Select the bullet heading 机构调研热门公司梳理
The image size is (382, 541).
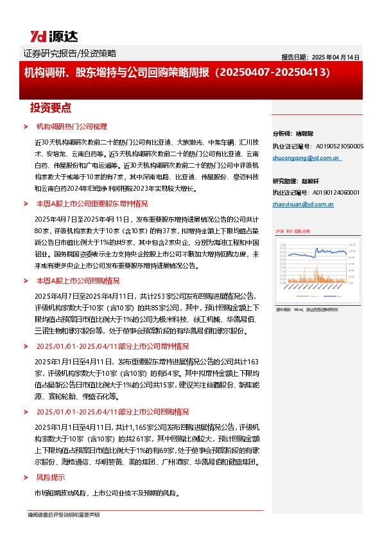(71, 127)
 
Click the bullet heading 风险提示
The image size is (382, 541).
(50, 477)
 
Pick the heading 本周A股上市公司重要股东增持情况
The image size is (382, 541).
(92, 204)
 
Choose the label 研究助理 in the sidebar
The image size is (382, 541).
(283, 181)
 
